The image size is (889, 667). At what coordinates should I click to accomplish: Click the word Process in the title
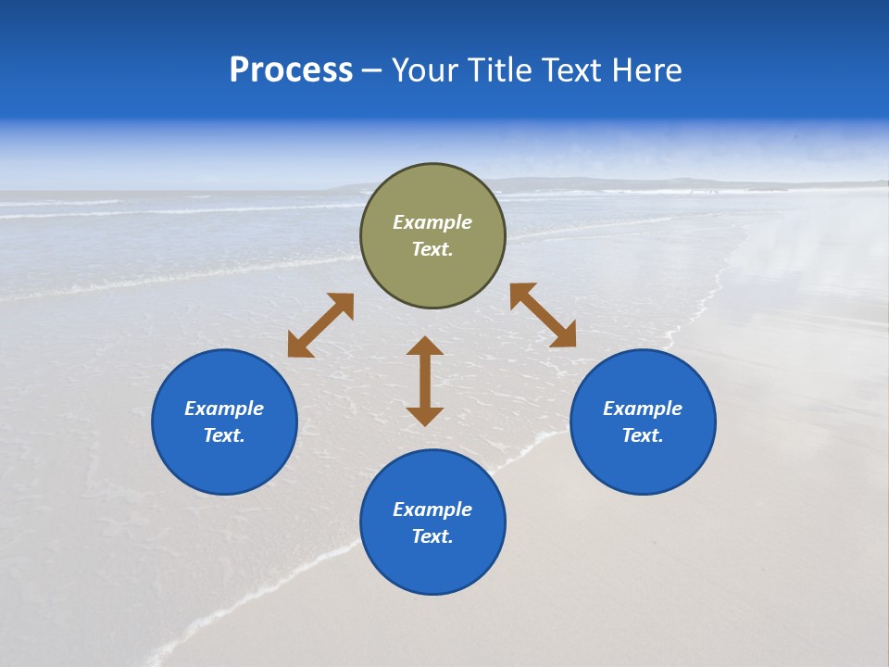[291, 70]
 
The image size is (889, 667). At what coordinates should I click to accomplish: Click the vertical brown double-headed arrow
[425, 381]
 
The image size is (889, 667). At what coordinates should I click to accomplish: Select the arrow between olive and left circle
[320, 325]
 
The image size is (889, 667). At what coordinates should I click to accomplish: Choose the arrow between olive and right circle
[543, 315]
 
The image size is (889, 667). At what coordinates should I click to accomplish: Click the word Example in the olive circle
[432, 222]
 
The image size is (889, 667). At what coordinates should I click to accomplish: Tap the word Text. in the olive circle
[432, 249]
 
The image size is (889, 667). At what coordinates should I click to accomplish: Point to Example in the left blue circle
[224, 409]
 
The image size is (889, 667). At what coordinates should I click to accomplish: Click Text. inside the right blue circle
[643, 435]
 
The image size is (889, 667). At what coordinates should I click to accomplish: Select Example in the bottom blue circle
[432, 510]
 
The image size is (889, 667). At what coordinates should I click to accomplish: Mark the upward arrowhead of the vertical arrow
[425, 346]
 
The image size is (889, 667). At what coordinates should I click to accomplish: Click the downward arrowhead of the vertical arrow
[425, 415]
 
